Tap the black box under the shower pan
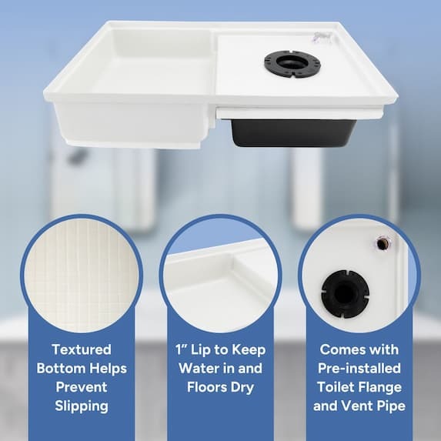(292, 132)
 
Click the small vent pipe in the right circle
(383, 243)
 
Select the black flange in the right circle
(346, 291)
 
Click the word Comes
(336, 349)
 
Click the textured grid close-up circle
(80, 273)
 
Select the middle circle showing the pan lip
(220, 273)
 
